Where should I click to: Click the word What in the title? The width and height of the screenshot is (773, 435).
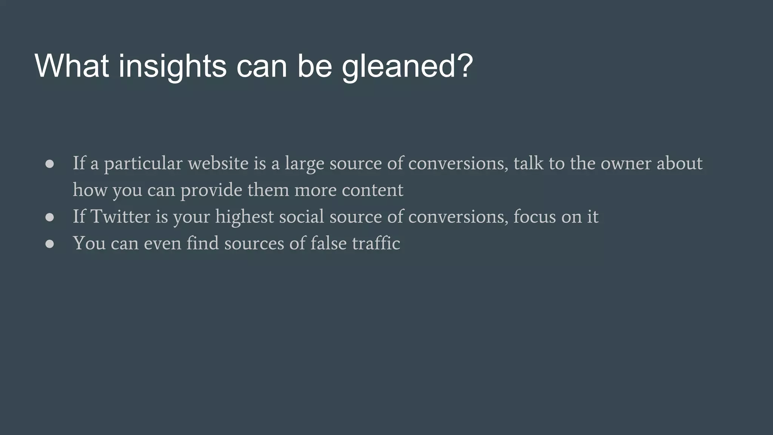point(72,66)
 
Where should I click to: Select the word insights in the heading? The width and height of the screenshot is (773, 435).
point(172,66)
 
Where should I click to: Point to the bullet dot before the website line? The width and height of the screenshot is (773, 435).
point(49,164)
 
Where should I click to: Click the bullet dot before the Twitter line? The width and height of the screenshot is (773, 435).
point(49,217)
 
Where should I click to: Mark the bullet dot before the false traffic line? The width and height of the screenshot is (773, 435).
point(49,244)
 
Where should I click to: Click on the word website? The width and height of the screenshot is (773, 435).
point(218,163)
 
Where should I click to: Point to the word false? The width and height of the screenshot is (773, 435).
point(328,243)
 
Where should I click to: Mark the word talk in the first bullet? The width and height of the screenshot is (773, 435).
point(528,163)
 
